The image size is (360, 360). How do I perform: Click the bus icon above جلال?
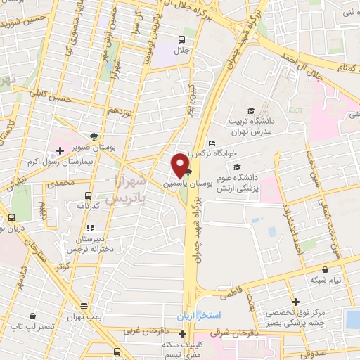182,39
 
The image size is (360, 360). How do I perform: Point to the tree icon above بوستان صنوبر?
95,137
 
